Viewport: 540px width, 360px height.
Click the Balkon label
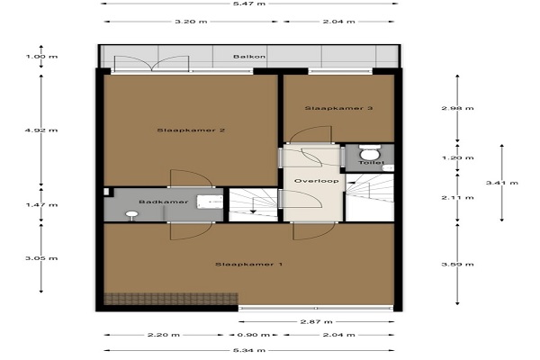point(249,56)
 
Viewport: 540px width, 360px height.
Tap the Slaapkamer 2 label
point(191,130)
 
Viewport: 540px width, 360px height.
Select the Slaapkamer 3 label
point(338,108)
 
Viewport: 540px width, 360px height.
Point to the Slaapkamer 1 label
point(249,265)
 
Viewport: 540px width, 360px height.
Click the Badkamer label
point(164,202)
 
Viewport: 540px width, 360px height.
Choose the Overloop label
point(316,181)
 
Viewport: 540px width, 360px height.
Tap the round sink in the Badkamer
point(131,215)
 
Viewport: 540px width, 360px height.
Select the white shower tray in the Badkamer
point(210,202)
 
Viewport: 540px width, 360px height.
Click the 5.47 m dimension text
point(249,4)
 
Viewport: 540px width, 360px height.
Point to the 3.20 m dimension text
point(191,22)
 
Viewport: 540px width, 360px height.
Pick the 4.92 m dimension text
point(41,130)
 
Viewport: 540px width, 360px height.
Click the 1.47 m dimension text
point(41,205)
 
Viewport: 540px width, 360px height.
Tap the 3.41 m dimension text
point(502,183)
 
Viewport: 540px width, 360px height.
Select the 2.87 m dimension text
point(316,322)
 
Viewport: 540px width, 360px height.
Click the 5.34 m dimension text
point(249,350)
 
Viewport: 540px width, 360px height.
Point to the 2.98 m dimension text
point(457,108)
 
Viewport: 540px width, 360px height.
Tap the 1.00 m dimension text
point(41,57)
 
